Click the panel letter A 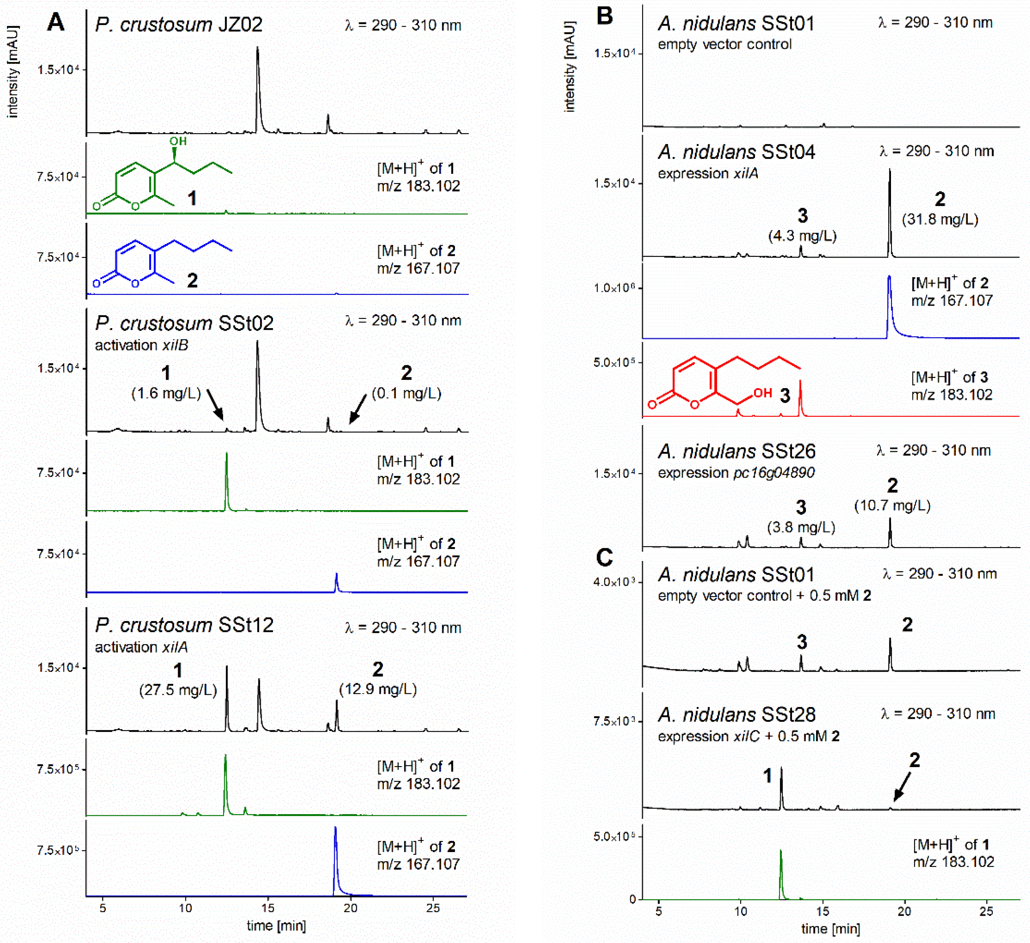pos(56,22)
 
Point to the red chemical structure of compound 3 pos(720,383)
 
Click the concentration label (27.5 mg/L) pos(178,690)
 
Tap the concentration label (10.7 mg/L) pos(892,506)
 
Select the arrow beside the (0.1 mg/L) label pos(358,409)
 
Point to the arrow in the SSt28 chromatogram pos(902,787)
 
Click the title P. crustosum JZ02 pos(178,24)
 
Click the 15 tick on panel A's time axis pos(268,908)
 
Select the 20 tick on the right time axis pos(904,911)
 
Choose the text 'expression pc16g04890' pos(736,473)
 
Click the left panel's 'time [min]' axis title pos(276,926)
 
